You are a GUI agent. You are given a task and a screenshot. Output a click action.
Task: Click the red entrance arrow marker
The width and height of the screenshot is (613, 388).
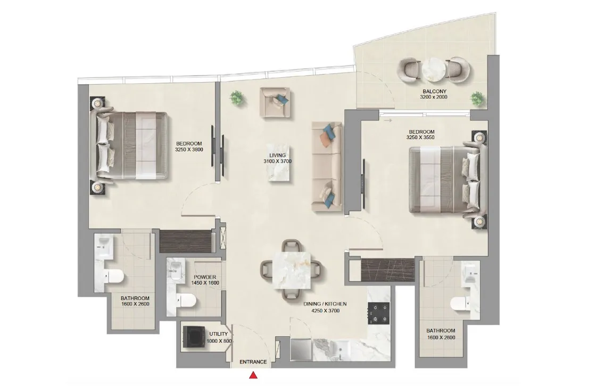click(253, 377)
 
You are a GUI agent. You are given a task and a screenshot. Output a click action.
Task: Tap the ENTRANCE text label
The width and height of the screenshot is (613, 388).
click(253, 362)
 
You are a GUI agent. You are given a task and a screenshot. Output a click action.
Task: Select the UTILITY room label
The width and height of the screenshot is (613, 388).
click(219, 334)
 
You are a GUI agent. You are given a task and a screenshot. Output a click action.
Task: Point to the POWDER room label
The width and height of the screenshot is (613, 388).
click(205, 277)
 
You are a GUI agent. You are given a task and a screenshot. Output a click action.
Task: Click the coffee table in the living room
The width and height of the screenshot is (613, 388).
click(280, 163)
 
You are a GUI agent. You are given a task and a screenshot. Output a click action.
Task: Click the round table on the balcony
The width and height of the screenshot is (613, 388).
click(435, 69)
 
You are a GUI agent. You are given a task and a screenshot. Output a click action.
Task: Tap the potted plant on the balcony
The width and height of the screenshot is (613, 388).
click(477, 99)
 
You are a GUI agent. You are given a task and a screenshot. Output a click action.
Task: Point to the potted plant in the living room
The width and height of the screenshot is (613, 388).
click(237, 98)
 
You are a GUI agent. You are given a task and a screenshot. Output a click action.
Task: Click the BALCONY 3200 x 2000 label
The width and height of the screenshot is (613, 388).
click(434, 94)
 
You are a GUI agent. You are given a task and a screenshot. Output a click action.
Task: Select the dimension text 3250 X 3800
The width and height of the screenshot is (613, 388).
click(189, 150)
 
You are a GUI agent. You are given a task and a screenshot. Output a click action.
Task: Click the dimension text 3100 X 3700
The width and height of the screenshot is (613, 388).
click(278, 161)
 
